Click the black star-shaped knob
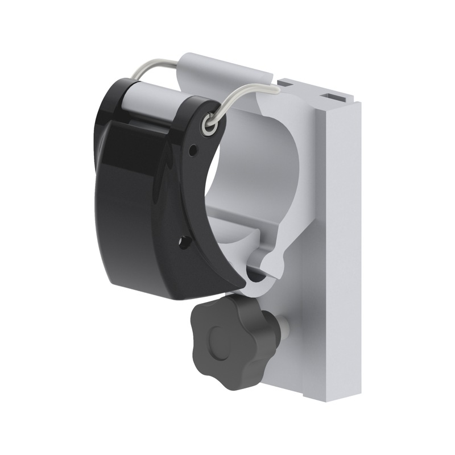[x=230, y=341]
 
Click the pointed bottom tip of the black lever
[x=242, y=283]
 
